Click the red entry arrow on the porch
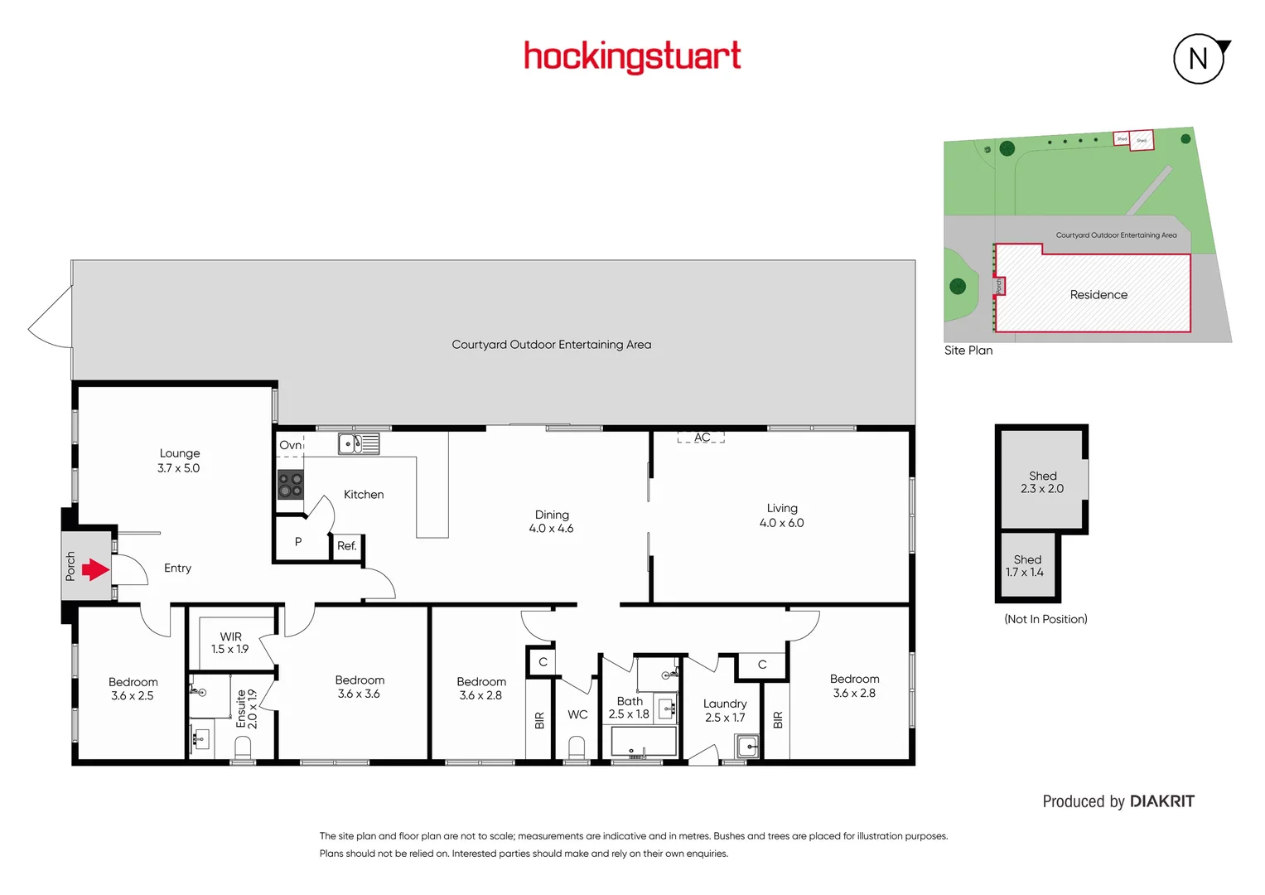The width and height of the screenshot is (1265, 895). [x=95, y=569]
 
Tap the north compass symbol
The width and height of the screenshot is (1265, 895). [x=1199, y=59]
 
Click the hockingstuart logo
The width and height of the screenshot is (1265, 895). [x=632, y=56]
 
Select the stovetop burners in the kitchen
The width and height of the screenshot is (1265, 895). [x=290, y=485]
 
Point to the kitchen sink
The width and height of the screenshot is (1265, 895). [x=358, y=444]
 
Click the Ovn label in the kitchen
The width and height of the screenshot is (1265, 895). [x=290, y=445]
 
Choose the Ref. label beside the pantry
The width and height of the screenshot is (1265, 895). [x=346, y=546]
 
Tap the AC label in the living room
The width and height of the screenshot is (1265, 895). [x=702, y=438]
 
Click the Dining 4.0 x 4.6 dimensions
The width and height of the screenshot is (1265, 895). [x=551, y=529]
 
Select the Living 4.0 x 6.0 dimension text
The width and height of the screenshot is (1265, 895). [x=781, y=523]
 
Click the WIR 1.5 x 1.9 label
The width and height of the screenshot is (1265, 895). [x=229, y=643]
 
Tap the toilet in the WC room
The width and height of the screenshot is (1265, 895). [x=577, y=748]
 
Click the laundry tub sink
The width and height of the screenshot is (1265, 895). [x=747, y=746]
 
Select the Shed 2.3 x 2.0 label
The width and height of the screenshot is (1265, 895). [x=1042, y=482]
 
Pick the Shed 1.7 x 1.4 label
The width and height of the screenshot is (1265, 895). [x=1026, y=566]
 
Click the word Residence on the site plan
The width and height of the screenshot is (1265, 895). [x=1098, y=295]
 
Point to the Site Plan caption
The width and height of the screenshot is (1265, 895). [x=968, y=351]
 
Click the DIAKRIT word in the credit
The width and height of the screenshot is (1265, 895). [x=1162, y=801]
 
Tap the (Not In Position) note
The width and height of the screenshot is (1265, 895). [x=1045, y=619]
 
